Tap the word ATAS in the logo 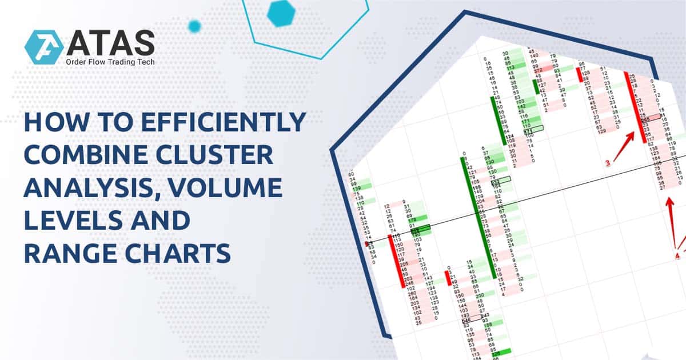click(x=109, y=43)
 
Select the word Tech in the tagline click(x=142, y=62)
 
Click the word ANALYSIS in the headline click(x=86, y=189)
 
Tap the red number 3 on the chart click(x=608, y=164)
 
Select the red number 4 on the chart click(x=677, y=255)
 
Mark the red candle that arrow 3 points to click(x=635, y=103)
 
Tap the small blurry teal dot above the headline click(x=194, y=26)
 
